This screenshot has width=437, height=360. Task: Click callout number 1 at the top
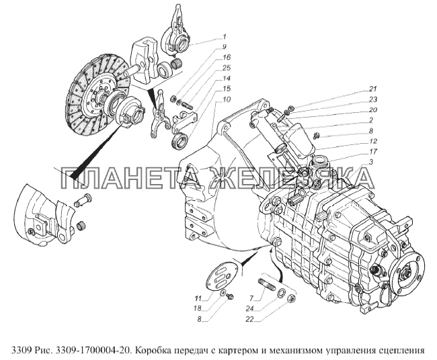click(225, 36)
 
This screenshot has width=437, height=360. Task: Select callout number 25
click(227, 68)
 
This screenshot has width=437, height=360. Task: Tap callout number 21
click(372, 89)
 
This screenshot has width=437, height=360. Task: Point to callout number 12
click(373, 141)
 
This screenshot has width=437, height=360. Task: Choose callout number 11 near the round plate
click(198, 299)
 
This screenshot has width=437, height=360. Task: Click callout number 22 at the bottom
click(249, 319)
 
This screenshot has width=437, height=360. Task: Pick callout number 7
click(251, 299)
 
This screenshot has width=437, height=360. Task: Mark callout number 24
click(249, 309)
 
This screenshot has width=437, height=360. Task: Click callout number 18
click(198, 309)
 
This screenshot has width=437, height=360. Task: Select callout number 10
click(227, 99)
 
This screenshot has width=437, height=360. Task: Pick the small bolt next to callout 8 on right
click(317, 136)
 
